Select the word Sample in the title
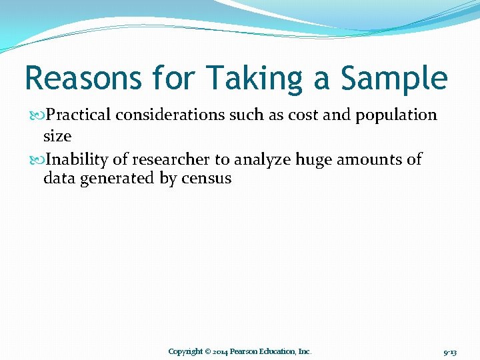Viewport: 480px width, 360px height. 393,78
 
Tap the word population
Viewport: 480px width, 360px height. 396,115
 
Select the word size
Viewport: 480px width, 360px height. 57,136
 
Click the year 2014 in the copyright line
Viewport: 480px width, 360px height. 221,351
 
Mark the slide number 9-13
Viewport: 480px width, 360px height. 449,351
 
